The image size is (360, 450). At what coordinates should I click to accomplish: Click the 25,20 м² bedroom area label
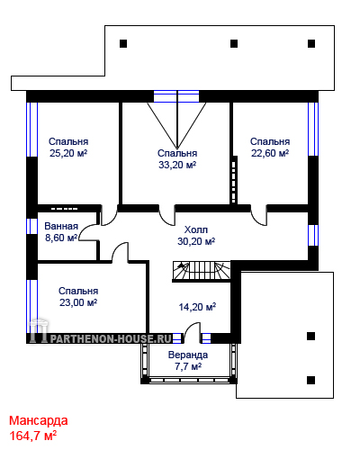pos(68,153)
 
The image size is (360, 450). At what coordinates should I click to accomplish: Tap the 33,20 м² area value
pos(177,165)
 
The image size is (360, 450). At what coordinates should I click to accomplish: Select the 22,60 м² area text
pos(270,153)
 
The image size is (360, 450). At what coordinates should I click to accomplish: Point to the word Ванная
pos(61,226)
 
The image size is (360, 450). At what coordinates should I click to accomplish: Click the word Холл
pos(196,229)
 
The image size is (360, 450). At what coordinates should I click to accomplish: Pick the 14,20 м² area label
pos(197,307)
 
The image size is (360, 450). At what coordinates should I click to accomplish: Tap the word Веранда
pos(188,355)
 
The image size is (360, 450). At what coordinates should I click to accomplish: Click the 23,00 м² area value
pos(78,302)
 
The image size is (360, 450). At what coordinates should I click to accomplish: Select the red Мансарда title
pos(39,420)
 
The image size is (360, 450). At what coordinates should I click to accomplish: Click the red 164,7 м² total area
pos(33,436)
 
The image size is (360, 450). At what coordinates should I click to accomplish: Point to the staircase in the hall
pos(202,271)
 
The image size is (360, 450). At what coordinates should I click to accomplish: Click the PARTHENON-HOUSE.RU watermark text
pos(111,338)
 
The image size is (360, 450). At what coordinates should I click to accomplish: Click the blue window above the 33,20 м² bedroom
pos(176,96)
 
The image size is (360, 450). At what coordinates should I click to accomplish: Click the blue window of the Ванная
pos(31,226)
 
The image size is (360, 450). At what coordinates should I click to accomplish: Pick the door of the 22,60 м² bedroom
pos(258,215)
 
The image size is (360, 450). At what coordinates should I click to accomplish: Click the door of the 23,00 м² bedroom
pos(120,253)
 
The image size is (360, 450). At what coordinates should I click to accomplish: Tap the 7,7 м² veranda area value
pos(188,366)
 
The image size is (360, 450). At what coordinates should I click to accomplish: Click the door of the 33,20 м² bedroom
pos(166,215)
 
